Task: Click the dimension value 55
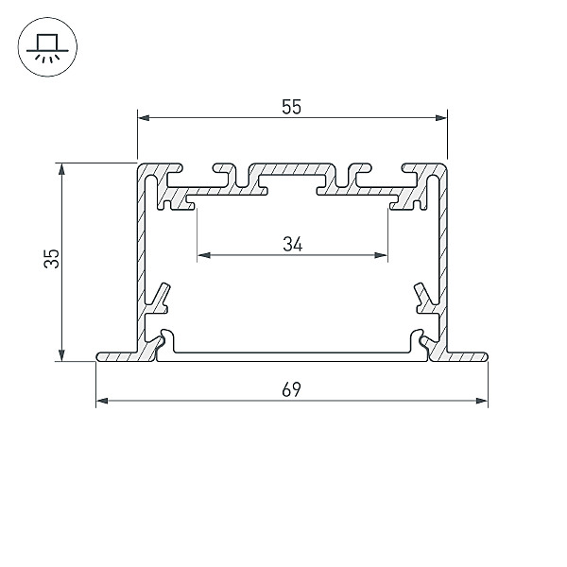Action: tap(291, 107)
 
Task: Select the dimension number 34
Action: tap(293, 244)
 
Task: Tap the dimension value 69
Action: tap(291, 389)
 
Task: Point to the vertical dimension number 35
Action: tap(51, 258)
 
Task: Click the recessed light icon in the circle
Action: tap(47, 47)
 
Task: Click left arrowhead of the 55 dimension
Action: tap(144, 118)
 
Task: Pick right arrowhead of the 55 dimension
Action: tap(441, 118)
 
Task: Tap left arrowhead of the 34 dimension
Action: tap(204, 255)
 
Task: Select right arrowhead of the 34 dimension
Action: tap(381, 255)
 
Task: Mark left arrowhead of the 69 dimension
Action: tap(102, 401)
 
